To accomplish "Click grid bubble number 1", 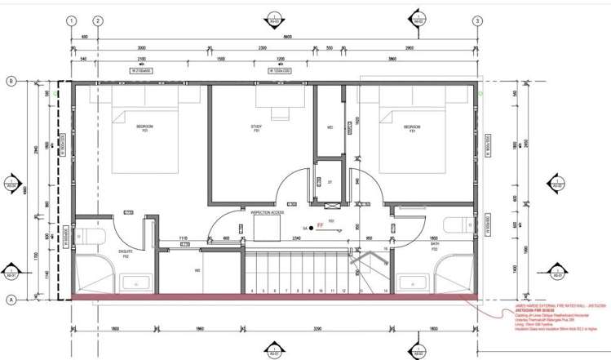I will [x=73, y=21].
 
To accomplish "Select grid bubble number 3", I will [x=477, y=21].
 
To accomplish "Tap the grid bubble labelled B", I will [x=12, y=81].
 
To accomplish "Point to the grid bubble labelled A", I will [x=12, y=300].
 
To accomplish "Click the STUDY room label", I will [x=255, y=127].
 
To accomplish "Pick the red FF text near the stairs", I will [x=321, y=223].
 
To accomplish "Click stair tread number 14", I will [x=383, y=290].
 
